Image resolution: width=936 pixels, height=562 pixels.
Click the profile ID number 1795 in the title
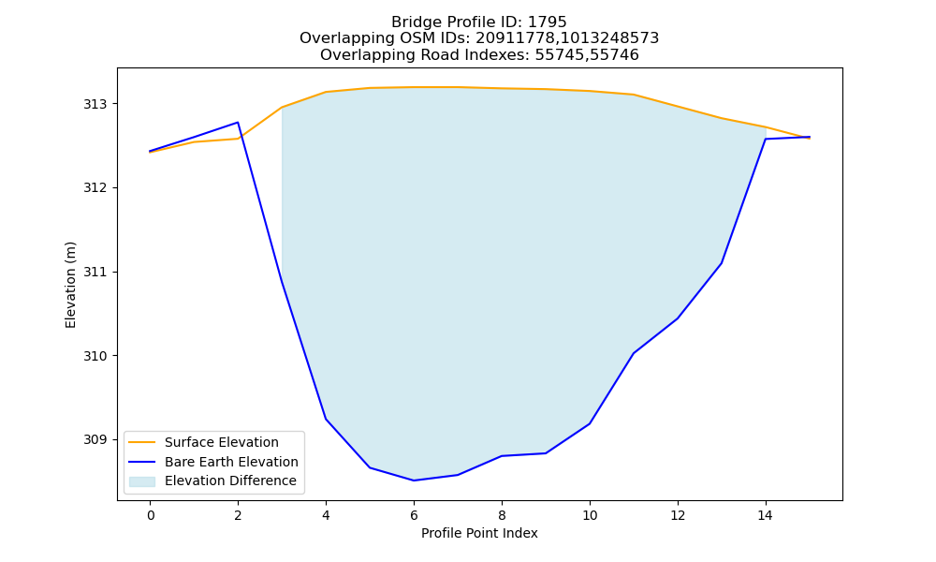point(547,22)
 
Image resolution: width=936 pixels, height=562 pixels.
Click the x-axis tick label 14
point(766,515)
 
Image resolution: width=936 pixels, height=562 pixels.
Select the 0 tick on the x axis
point(151,515)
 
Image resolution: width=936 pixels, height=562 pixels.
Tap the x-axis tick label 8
point(502,515)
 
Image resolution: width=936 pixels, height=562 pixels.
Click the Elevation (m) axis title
point(70,285)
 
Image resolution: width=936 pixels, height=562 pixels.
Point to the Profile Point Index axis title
point(479,533)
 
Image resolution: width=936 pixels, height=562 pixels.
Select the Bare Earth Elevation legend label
point(231,462)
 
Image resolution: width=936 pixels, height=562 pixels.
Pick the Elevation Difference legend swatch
point(142,481)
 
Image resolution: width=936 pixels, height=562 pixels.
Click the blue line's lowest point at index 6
point(414,481)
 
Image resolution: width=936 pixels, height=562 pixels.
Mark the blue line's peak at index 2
point(238,123)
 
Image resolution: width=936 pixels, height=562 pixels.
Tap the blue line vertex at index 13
point(722,263)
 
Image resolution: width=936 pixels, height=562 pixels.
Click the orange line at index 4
point(326,92)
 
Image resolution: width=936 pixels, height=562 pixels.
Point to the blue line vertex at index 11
point(634,353)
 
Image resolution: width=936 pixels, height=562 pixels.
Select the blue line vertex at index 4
point(326,419)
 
